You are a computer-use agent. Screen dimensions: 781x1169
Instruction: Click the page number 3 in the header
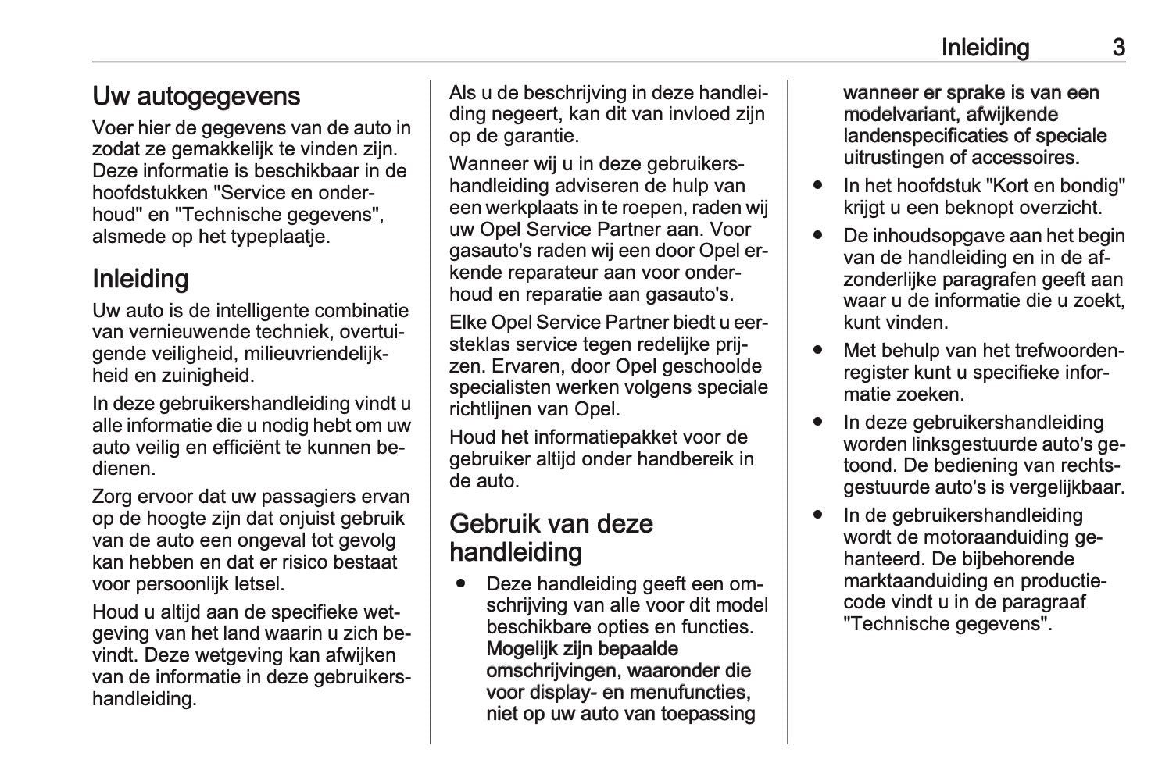[1118, 48]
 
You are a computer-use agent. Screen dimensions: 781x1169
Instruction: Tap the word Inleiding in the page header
[985, 48]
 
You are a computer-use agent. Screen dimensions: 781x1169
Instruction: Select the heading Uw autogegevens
[196, 96]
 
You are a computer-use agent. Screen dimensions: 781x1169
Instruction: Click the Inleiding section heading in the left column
[141, 279]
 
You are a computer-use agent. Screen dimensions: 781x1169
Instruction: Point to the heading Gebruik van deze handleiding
[551, 537]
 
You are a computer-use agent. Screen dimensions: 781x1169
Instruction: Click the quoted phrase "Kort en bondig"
[1055, 186]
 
